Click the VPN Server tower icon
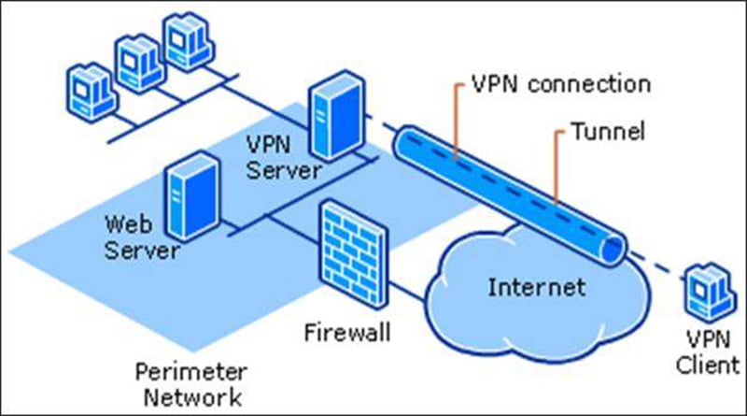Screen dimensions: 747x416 338,115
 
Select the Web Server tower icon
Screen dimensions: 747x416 193,195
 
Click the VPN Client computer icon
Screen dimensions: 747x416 709,292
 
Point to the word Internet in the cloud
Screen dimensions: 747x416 537,287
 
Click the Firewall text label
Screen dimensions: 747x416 347,333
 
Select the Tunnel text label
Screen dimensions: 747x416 609,131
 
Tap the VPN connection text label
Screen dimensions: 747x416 561,84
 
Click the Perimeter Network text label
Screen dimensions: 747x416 191,384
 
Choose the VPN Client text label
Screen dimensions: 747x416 708,352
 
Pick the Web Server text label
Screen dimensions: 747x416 142,237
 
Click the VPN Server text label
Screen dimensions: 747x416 284,157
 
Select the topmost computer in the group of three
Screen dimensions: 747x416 189,41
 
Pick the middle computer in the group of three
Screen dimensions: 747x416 140,64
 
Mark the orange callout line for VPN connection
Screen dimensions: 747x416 456,121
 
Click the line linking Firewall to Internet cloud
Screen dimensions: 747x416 406,291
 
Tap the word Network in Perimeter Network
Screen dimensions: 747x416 192,397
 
